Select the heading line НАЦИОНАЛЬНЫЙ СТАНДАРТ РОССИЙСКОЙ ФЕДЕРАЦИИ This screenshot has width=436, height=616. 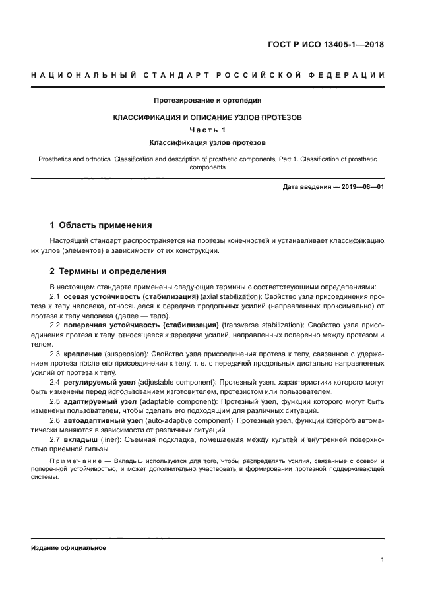[x=208, y=76]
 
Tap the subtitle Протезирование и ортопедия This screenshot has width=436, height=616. [x=208, y=101]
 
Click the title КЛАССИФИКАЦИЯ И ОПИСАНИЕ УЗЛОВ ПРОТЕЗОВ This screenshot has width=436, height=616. [x=208, y=117]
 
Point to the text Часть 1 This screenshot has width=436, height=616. [x=208, y=129]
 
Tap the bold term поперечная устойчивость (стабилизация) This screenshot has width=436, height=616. [x=141, y=325]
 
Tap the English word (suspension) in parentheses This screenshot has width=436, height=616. [x=126, y=354]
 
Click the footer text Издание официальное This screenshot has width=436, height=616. [x=68, y=548]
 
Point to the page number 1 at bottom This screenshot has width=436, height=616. [x=382, y=560]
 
